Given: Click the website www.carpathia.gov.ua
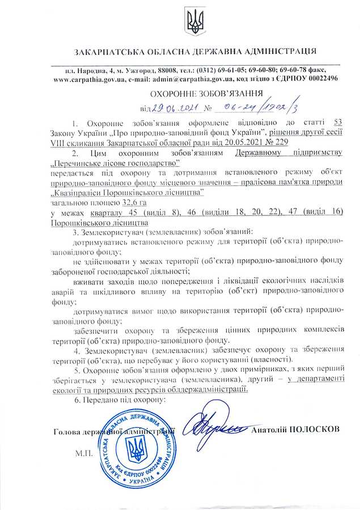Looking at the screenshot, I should [x=89, y=80].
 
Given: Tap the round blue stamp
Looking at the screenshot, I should [x=137, y=448].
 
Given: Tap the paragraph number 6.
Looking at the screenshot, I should [x=76, y=399].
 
